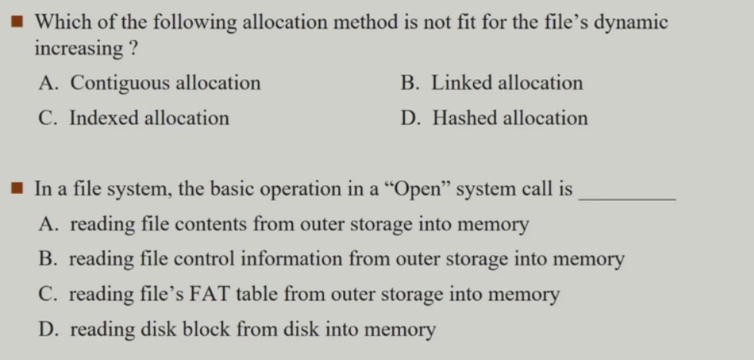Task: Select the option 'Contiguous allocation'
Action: click(150, 82)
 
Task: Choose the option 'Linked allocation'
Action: click(492, 82)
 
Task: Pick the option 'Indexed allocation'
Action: click(135, 118)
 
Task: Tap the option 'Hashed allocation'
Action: click(494, 118)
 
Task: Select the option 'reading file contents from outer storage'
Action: click(284, 224)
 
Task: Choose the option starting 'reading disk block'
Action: click(237, 330)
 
